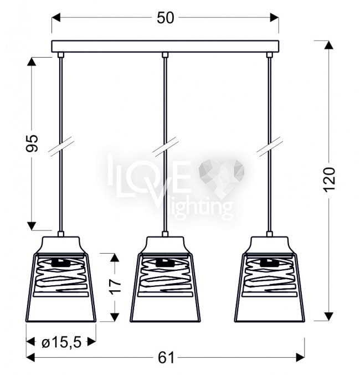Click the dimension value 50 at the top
point(165,18)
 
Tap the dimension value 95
point(32,143)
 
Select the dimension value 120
point(330,179)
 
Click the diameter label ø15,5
point(61,342)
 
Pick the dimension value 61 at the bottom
point(166,358)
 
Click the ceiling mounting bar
point(165,47)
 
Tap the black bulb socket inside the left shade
point(61,263)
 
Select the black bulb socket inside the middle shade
point(165,263)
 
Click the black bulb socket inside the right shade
point(270,263)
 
